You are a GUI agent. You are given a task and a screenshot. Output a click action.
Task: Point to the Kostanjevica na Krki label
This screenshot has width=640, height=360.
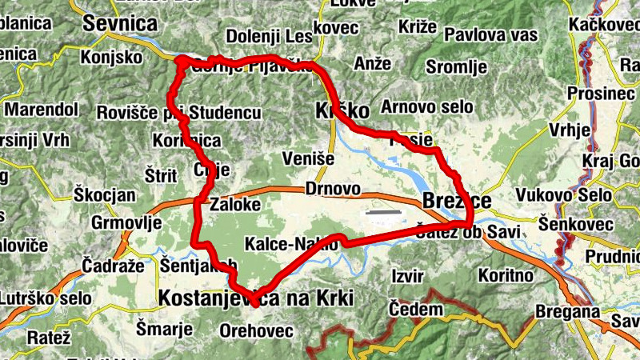[256, 298]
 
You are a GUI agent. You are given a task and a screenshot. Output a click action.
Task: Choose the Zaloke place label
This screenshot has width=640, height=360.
[235, 205]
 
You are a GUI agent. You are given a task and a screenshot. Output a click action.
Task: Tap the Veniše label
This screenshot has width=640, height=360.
[308, 158]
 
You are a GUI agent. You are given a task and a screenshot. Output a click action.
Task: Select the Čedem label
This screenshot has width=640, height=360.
[415, 310]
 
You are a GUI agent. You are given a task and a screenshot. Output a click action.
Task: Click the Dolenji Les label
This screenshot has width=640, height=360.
[269, 36]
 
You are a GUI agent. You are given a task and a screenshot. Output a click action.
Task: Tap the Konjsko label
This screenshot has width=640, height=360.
[111, 58]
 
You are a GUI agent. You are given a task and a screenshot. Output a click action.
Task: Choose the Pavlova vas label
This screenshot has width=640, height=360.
[490, 35]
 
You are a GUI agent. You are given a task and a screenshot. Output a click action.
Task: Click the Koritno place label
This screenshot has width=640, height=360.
[506, 275]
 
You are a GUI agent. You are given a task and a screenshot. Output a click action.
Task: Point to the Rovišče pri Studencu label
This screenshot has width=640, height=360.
[179, 113]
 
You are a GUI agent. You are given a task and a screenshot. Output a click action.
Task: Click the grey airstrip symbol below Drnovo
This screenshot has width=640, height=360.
[382, 213]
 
